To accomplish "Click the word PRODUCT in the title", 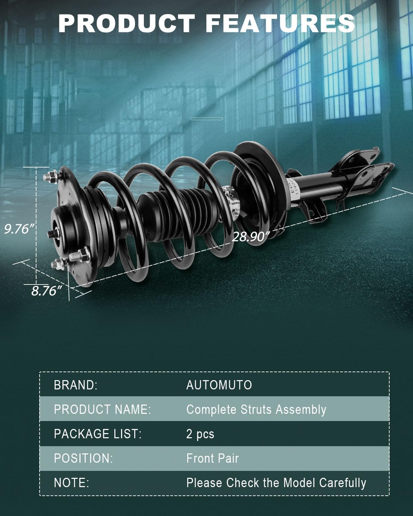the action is click(x=126, y=23).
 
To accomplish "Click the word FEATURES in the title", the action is click(x=280, y=23).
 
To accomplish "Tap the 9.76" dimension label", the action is click(x=20, y=229).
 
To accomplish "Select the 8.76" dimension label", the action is click(x=47, y=291).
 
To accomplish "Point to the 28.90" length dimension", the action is click(x=251, y=237).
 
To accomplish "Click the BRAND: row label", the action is click(x=76, y=385).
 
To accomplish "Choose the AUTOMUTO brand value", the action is click(x=219, y=385).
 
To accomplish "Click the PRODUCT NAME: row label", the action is click(x=103, y=410).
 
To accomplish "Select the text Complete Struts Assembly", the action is click(x=256, y=410).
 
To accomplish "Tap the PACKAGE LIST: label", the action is click(x=98, y=434).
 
